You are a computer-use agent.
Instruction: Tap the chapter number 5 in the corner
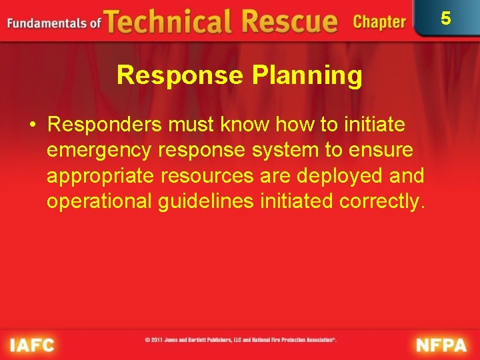click(x=445, y=18)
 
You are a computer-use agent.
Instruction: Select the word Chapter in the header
click(x=379, y=22)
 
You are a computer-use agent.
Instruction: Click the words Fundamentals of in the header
click(x=54, y=23)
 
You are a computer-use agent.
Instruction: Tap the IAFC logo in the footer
click(x=31, y=345)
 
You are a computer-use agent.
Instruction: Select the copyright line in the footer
click(x=241, y=340)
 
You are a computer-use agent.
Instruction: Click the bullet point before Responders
click(x=31, y=125)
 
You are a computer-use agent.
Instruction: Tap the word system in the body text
click(x=282, y=151)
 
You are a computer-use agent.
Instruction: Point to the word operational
click(x=99, y=201)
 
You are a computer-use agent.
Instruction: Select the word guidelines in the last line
click(x=206, y=201)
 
